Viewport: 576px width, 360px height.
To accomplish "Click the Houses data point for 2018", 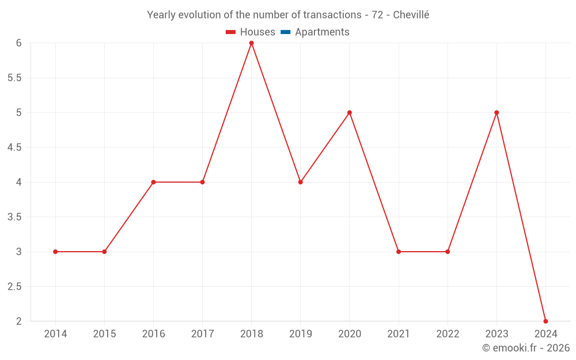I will point(251,43).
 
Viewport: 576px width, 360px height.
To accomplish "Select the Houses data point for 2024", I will point(545,321).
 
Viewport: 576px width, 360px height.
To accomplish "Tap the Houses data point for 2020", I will point(350,112).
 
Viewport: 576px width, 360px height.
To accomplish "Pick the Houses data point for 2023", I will point(497,112).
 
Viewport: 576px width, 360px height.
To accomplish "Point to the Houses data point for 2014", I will point(55,252).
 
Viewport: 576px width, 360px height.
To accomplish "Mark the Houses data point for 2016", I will point(153,182).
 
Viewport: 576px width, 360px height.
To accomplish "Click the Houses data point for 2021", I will point(399,252).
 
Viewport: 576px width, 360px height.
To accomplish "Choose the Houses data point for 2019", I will point(301,182).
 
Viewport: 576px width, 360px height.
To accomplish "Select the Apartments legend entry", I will point(322,32).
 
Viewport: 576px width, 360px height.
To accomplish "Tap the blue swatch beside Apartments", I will point(285,32).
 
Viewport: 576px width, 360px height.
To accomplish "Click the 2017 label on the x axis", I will point(202,334).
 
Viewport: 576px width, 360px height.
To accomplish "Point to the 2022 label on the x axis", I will point(448,334).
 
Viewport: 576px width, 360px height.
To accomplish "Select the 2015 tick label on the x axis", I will point(104,334).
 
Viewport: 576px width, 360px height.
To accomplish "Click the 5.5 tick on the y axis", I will point(14,78).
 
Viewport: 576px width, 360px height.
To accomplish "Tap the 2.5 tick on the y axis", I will point(14,287).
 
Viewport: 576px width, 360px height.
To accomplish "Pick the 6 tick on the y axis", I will point(18,43).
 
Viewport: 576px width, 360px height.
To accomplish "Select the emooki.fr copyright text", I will point(526,348).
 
